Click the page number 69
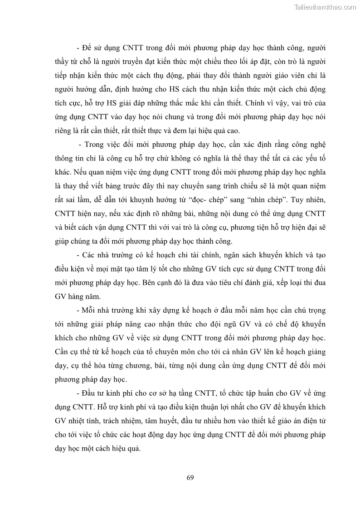190,477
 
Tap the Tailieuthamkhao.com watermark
325,7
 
